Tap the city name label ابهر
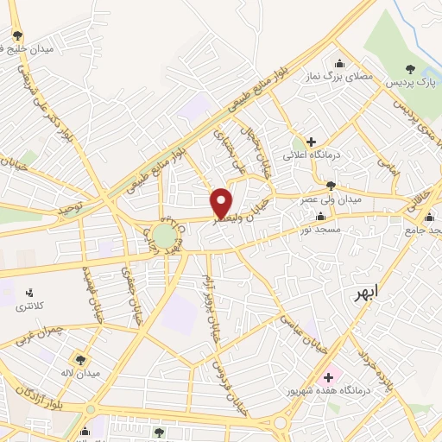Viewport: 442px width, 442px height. click(x=366, y=294)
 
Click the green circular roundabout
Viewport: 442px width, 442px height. click(x=164, y=235)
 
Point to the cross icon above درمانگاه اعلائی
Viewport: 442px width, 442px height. click(x=311, y=141)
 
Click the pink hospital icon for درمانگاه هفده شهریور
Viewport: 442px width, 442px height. click(x=328, y=377)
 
